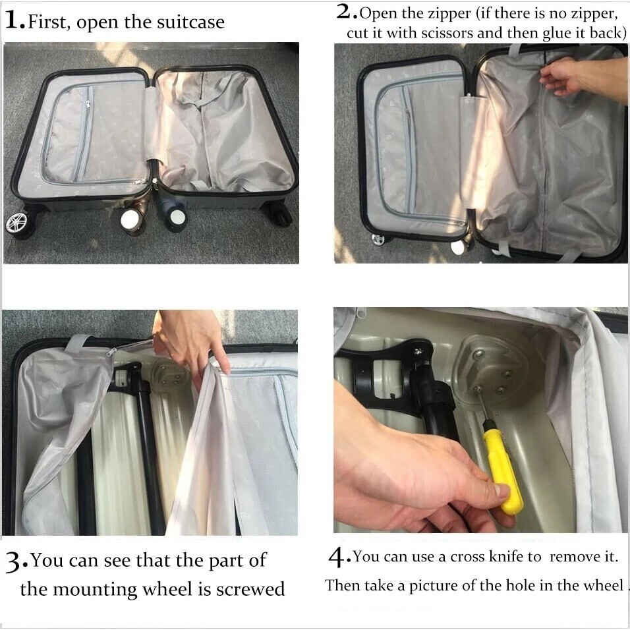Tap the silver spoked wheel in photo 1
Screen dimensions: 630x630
pyautogui.click(x=17, y=223)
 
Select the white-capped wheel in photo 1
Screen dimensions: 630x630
pyautogui.click(x=131, y=219)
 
